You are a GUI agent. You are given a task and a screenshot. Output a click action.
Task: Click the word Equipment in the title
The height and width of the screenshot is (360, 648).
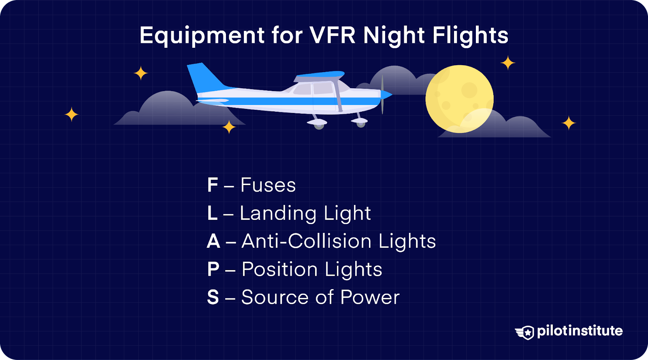[202, 36]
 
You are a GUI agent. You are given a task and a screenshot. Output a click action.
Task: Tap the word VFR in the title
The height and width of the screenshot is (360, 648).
[333, 35]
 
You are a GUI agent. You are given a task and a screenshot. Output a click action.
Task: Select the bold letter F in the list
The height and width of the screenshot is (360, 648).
[213, 185]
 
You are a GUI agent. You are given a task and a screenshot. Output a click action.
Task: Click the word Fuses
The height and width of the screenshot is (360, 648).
[268, 185]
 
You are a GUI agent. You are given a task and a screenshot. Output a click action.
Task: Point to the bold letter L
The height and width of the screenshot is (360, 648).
[212, 213]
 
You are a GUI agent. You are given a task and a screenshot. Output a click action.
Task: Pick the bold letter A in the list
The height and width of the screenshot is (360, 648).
[213, 241]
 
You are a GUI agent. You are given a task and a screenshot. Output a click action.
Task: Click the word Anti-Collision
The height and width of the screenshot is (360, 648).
[307, 241]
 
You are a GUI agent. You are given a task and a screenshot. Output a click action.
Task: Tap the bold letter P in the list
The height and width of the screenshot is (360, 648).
[213, 269]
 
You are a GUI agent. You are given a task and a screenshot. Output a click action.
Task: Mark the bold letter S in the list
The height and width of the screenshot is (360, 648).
[213, 297]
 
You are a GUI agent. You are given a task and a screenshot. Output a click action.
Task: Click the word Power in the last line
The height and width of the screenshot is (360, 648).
[370, 297]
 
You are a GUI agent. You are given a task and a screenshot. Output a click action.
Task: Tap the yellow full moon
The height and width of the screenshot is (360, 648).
[459, 99]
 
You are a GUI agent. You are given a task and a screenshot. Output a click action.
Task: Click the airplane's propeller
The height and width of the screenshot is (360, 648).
[382, 94]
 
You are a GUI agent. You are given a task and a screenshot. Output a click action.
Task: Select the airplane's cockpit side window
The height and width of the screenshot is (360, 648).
[323, 88]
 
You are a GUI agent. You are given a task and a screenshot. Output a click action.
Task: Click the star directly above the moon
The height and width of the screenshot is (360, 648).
[507, 63]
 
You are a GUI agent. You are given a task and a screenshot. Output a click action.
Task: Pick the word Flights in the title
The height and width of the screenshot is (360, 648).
[470, 36]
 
